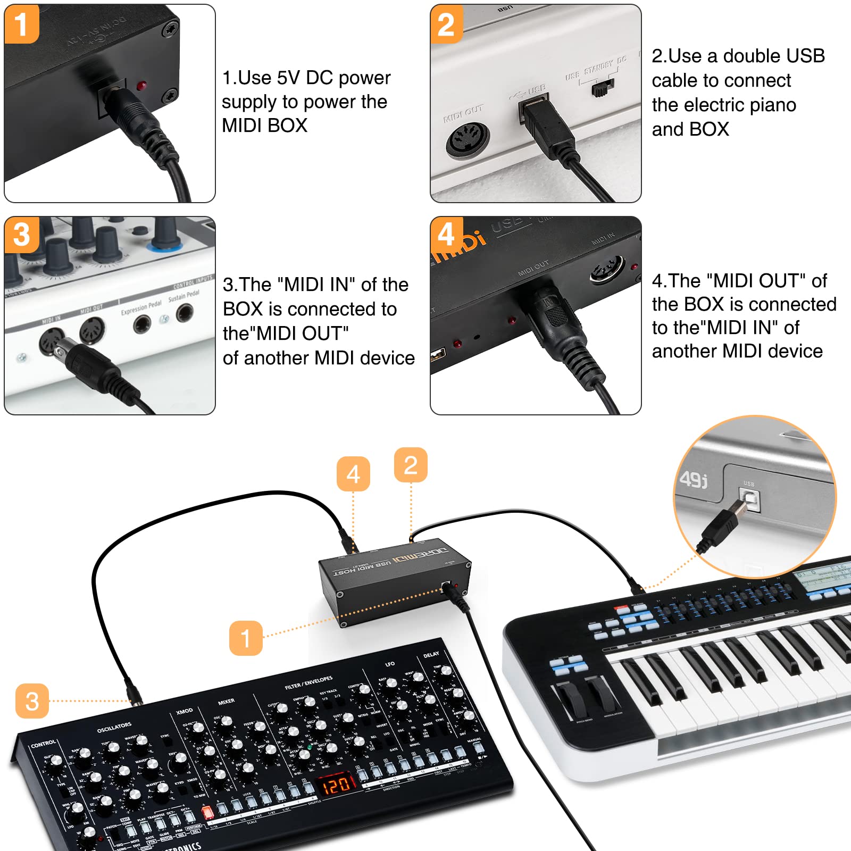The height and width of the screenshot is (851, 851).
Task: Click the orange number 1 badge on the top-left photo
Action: (21, 24)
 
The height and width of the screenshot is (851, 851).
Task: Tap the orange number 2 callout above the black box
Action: (411, 465)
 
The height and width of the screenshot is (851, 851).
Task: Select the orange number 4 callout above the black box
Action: (353, 474)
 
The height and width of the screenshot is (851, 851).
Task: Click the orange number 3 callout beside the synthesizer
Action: (32, 701)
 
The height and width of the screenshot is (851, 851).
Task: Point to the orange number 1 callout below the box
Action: (246, 638)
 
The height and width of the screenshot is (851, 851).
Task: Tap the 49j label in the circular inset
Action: (694, 479)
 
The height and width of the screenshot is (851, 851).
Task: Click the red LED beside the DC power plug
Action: (142, 86)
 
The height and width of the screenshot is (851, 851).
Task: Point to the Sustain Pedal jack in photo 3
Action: (185, 314)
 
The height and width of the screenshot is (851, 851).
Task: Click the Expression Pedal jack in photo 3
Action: (142, 323)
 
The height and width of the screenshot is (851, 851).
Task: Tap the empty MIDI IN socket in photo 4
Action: (607, 269)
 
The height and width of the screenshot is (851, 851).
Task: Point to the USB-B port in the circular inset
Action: (749, 500)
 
